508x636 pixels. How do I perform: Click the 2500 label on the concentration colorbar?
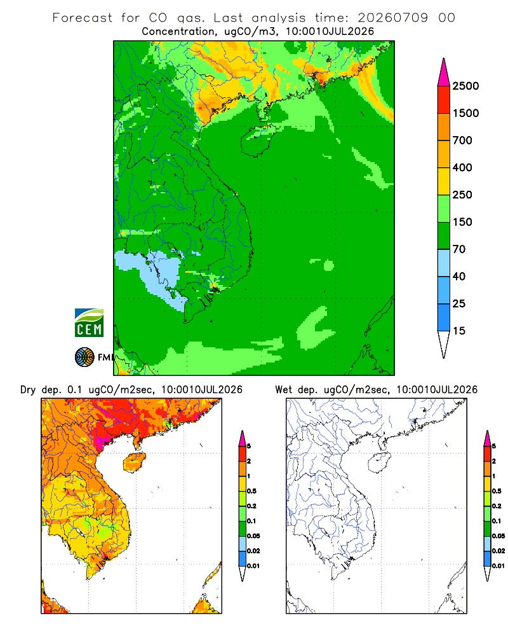pyautogui.click(x=465, y=86)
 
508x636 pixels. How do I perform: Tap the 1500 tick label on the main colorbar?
pyautogui.click(x=465, y=113)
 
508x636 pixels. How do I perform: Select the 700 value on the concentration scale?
pyautogui.click(x=462, y=141)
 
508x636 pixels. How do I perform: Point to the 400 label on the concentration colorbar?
pyautogui.click(x=462, y=167)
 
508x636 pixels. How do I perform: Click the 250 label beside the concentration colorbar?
pyautogui.click(x=462, y=195)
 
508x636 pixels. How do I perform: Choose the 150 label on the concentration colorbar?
pyautogui.click(x=462, y=222)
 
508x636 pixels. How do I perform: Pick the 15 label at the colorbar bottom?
pyautogui.click(x=459, y=331)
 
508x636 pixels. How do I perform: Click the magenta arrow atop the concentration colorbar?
pyautogui.click(x=444, y=73)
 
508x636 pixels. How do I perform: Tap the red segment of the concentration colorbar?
pyautogui.click(x=444, y=100)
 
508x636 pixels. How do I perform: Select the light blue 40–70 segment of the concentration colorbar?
pyautogui.click(x=444, y=263)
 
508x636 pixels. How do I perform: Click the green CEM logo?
pyautogui.click(x=89, y=323)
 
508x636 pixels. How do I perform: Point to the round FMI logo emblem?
pyautogui.click(x=84, y=357)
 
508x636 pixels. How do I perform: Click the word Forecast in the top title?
pyautogui.click(x=83, y=18)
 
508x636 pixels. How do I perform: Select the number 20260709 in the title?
pyautogui.click(x=392, y=18)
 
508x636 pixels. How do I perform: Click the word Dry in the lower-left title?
pyautogui.click(x=28, y=390)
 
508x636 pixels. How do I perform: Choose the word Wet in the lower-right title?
pyautogui.click(x=284, y=390)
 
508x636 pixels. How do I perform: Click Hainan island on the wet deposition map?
pyautogui.click(x=380, y=463)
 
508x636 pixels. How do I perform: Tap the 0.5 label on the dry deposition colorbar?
pyautogui.click(x=251, y=491)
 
